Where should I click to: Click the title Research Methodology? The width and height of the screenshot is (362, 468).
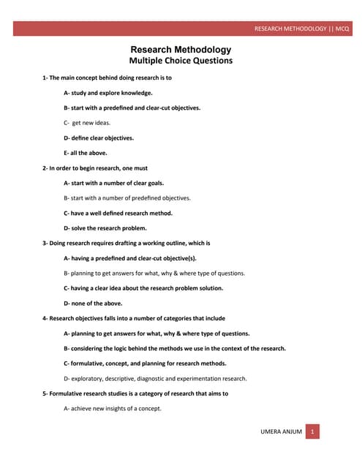click(x=180, y=50)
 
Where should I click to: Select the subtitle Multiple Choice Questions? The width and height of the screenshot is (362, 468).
click(x=180, y=61)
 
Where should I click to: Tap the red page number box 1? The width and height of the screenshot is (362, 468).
click(x=312, y=432)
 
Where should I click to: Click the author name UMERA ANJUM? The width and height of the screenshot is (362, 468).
click(x=281, y=432)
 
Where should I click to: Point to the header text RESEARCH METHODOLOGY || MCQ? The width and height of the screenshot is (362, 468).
click(x=301, y=29)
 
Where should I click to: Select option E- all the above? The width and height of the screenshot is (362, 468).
click(x=86, y=153)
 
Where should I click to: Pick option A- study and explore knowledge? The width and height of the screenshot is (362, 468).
click(x=108, y=93)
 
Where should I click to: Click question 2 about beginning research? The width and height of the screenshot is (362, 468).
click(x=95, y=168)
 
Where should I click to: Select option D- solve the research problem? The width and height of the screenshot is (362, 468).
click(x=110, y=228)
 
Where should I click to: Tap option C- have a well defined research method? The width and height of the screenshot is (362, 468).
click(x=118, y=213)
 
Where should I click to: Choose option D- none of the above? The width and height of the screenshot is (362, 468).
click(x=93, y=303)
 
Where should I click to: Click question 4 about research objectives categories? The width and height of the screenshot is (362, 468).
click(x=134, y=318)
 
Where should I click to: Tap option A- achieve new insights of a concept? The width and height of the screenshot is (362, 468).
click(x=113, y=408)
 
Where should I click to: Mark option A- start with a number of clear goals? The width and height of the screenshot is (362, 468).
click(x=113, y=183)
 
